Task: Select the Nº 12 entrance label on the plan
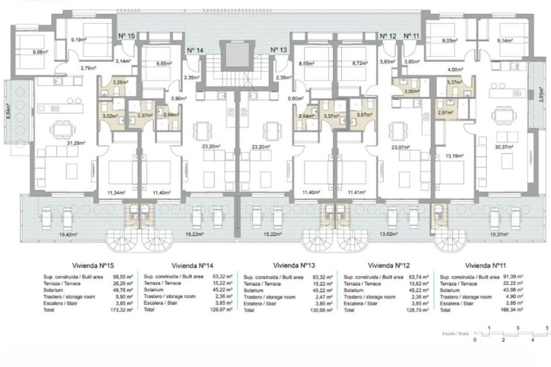tap(388, 36)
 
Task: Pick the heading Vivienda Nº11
tap(485, 265)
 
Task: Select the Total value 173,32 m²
tap(122, 310)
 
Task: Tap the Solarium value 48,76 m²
tap(122, 290)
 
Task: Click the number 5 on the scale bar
tap(547, 328)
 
